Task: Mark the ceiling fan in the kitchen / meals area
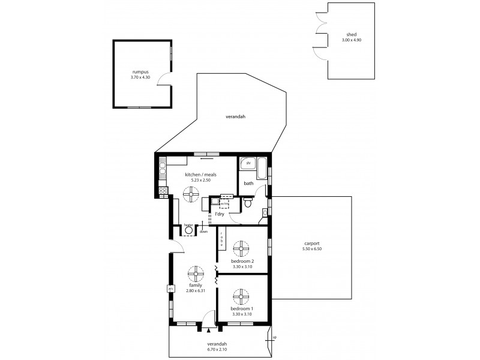pyautogui.click(x=192, y=192)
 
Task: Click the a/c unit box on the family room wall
pyautogui.click(x=170, y=289)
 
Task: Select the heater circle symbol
pyautogui.click(x=188, y=230)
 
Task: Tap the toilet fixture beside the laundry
pyautogui.click(x=248, y=204)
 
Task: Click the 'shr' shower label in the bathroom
pyautogui.click(x=247, y=163)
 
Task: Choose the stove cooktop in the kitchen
pyautogui.click(x=162, y=191)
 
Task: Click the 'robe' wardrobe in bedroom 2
pyautogui.click(x=221, y=241)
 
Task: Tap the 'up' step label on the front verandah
pyautogui.click(x=275, y=338)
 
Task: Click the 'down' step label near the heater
pyautogui.click(x=203, y=231)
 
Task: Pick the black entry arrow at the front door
pyautogui.click(x=208, y=329)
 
